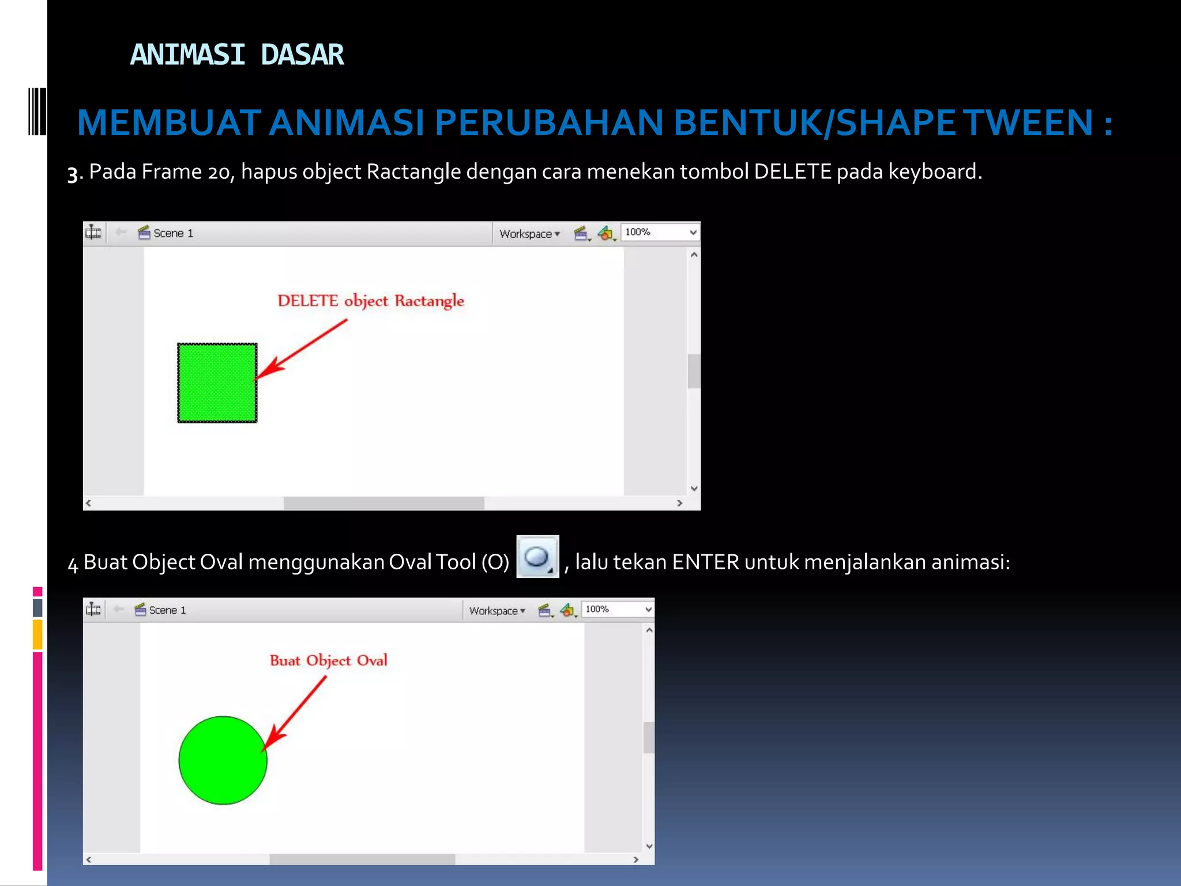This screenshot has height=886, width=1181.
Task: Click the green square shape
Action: point(217,382)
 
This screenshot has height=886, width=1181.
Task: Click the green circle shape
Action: point(223,760)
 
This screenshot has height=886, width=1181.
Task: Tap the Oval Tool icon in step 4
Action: point(537,557)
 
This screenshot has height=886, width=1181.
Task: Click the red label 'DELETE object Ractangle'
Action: point(371,301)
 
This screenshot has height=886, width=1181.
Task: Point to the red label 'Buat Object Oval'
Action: point(328,660)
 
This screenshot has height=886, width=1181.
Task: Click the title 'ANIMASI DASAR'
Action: point(236,55)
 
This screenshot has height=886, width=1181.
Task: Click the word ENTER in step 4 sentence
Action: point(705,562)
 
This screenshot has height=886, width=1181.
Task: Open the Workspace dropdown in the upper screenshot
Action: point(529,234)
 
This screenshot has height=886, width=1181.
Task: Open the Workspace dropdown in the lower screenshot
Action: point(497,610)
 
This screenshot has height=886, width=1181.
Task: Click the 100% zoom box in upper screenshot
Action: point(660,232)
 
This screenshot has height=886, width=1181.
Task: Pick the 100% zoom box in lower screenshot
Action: point(618,609)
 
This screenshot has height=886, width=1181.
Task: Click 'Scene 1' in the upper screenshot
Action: point(172,233)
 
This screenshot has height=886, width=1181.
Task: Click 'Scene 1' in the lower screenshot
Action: point(167,610)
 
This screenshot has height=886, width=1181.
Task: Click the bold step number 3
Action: point(73,174)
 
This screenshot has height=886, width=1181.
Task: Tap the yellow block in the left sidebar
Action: point(37,634)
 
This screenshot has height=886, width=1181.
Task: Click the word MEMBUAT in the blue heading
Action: point(169,123)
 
